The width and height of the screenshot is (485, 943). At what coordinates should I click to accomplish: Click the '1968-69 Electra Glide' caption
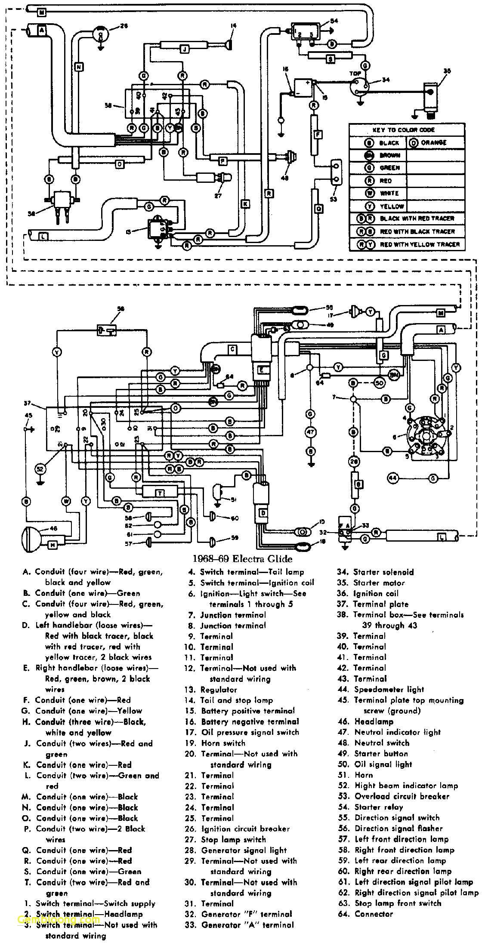[x=242, y=559]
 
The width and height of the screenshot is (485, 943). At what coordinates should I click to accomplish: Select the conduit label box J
[x=184, y=50]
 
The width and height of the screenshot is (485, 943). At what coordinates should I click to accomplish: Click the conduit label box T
[x=159, y=493]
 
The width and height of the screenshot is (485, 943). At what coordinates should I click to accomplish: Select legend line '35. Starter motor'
[x=371, y=582]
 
